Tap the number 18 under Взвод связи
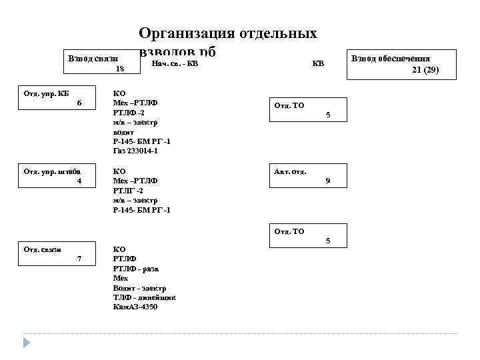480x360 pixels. coord(119,69)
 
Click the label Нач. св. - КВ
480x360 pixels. coord(175,64)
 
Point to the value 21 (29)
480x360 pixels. coord(425,69)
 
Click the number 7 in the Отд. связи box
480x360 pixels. coord(79,259)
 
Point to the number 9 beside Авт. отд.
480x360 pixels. coord(327,181)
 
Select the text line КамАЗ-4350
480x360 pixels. coord(135,307)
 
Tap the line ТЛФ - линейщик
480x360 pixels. coord(144,297)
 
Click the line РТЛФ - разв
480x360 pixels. coord(136,268)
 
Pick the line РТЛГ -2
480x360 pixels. coord(128,191)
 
